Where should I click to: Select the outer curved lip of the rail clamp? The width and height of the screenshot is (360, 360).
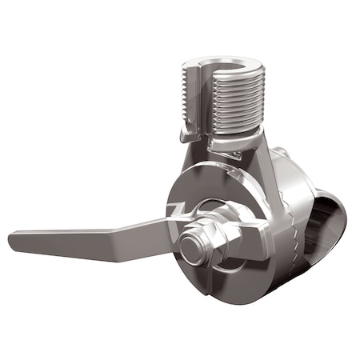point(336,216)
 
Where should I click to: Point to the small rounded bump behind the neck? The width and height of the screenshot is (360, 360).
point(281,153)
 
